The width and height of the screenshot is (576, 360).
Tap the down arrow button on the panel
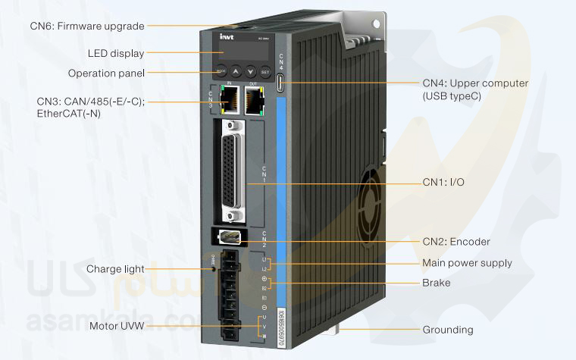(251, 73)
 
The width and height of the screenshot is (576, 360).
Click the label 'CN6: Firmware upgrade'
(87, 26)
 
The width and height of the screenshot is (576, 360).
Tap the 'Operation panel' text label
(106, 74)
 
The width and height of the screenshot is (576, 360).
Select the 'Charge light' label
(115, 269)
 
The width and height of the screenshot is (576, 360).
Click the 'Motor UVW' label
(116, 327)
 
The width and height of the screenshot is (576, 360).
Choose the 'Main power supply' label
(467, 263)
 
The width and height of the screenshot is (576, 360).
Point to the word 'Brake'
(436, 283)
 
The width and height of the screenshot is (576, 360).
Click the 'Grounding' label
(447, 330)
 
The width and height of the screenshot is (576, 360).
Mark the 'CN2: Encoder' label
(455, 242)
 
